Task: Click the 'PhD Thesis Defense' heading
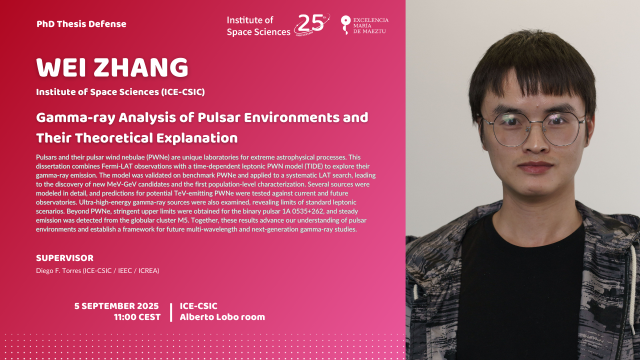pyautogui.click(x=81, y=24)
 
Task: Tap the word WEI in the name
pyautogui.click(x=61, y=67)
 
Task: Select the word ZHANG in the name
pyautogui.click(x=141, y=67)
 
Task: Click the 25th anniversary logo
pyautogui.click(x=312, y=24)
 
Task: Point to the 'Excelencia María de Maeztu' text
pyautogui.click(x=370, y=25)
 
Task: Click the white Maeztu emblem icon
pyautogui.click(x=345, y=25)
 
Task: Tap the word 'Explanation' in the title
pyautogui.click(x=197, y=138)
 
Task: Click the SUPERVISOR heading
pyautogui.click(x=64, y=258)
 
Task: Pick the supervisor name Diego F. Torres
pyautogui.click(x=58, y=270)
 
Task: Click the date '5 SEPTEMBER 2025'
pyautogui.click(x=116, y=306)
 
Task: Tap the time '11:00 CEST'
pyautogui.click(x=137, y=317)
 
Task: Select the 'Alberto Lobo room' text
pyautogui.click(x=222, y=317)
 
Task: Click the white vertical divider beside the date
pyautogui.click(x=171, y=312)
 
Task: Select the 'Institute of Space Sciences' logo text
pyautogui.click(x=258, y=26)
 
